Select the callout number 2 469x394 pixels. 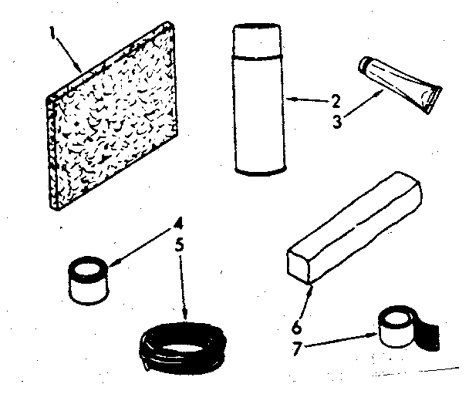(x=336, y=99)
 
